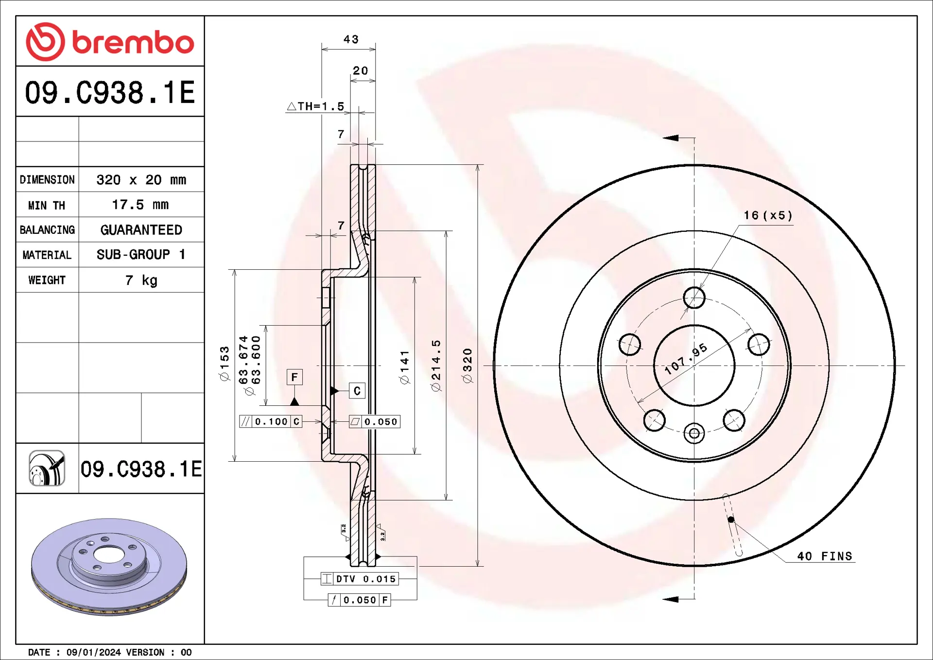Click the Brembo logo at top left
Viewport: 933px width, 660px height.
(x=110, y=42)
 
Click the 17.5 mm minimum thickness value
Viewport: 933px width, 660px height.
(x=140, y=205)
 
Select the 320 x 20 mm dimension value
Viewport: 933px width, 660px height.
(x=141, y=180)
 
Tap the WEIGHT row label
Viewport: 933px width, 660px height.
(x=47, y=280)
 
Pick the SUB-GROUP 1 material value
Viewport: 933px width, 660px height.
(x=141, y=254)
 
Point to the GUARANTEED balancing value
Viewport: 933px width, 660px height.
(x=141, y=230)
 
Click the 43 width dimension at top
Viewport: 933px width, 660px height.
(x=351, y=39)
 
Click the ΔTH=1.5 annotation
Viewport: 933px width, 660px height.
(x=316, y=106)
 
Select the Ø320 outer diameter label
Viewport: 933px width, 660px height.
(x=467, y=365)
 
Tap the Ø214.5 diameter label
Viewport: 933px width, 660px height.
(x=436, y=365)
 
